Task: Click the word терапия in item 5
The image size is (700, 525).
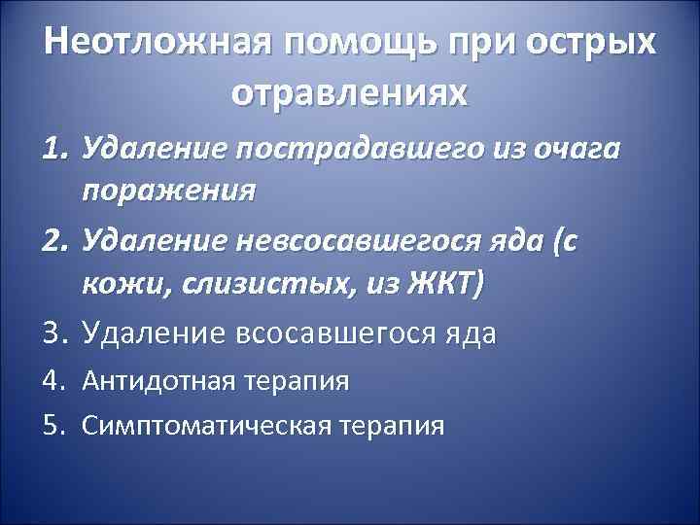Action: (392, 425)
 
